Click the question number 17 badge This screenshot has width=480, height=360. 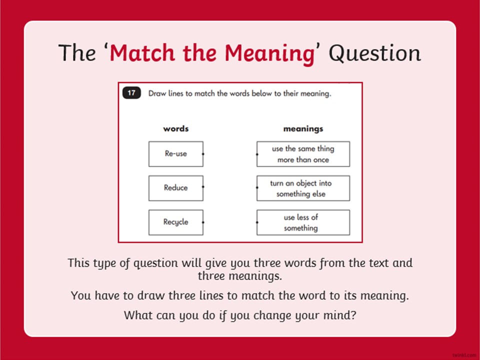[x=131, y=93]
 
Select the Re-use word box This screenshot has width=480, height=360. [x=176, y=154]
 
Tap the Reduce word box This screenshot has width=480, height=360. [x=176, y=188]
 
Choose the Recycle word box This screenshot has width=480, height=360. [x=176, y=222]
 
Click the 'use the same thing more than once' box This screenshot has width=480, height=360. [x=303, y=154]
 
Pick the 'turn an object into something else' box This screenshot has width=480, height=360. [x=303, y=188]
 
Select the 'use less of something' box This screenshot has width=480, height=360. [x=303, y=222]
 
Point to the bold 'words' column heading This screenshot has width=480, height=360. [x=176, y=128]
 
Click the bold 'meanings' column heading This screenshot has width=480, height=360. [x=303, y=129]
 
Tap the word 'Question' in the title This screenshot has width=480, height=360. [x=375, y=53]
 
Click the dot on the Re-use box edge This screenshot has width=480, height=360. [x=203, y=154]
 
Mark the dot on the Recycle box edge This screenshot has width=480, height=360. [x=203, y=222]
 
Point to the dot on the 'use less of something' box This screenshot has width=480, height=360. [x=257, y=222]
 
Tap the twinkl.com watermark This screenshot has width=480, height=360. [x=464, y=355]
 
